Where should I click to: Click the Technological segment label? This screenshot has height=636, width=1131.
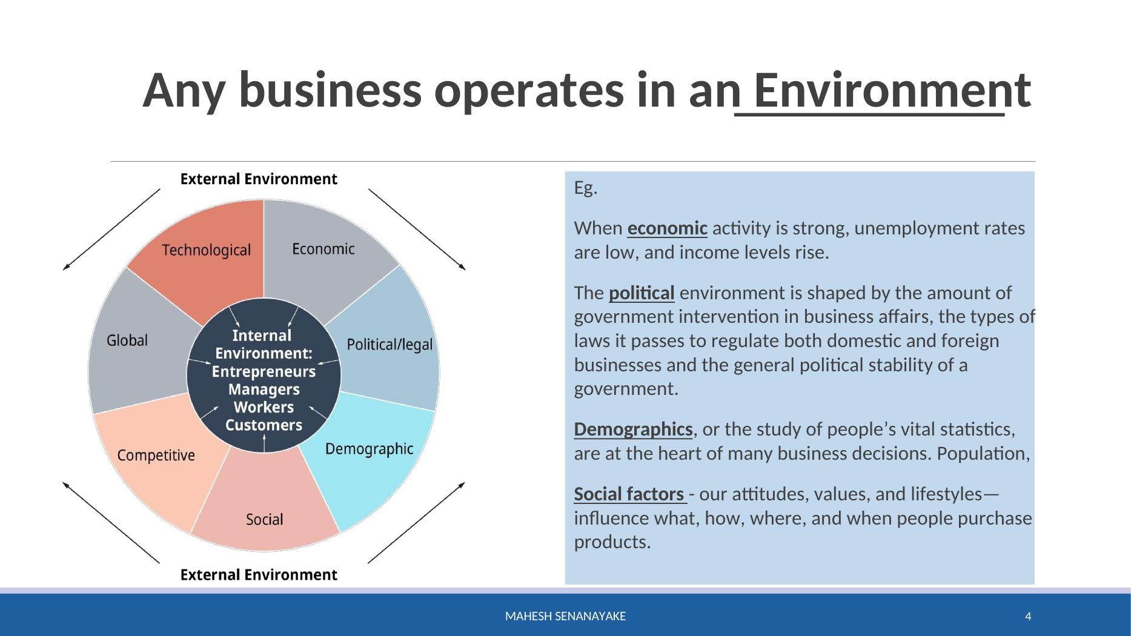(x=206, y=250)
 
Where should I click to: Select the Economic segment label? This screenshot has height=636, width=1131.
(x=323, y=249)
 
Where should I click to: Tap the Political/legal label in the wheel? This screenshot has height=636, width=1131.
(x=390, y=345)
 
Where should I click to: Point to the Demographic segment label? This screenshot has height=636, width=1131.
(x=370, y=449)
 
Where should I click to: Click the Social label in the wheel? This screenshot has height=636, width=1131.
(x=265, y=520)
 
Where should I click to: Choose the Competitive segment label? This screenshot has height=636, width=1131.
(x=156, y=455)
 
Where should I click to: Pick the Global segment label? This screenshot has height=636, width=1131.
(x=127, y=340)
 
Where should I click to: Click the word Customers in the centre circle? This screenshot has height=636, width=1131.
(x=264, y=425)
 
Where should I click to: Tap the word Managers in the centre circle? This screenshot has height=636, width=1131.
(x=264, y=389)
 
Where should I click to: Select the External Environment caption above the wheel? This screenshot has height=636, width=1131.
(x=259, y=179)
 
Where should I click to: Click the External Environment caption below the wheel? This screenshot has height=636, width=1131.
(x=259, y=575)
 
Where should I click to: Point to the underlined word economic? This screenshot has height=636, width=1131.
(x=667, y=228)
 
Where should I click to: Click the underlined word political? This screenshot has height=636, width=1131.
(x=642, y=293)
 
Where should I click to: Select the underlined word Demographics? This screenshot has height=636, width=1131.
(x=633, y=429)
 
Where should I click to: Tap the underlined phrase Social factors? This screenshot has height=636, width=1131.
(x=629, y=494)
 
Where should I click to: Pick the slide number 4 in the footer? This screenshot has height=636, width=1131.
(x=1028, y=617)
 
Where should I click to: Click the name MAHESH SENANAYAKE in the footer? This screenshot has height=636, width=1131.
(x=566, y=617)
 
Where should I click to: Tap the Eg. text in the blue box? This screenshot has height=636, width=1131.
(x=586, y=188)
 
